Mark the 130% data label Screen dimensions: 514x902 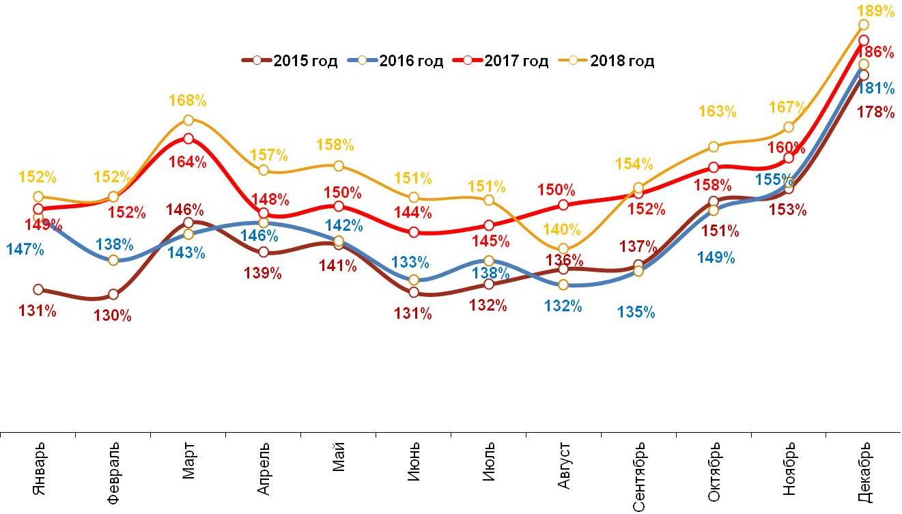pos(112,315)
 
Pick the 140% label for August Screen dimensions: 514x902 pos(561,230)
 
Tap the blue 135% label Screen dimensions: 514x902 pos(636,313)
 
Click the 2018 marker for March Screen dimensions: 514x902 pos(188,121)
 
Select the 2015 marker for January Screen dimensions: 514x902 pos(38,290)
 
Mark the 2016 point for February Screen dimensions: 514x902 pos(113,260)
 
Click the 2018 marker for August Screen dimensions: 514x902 pos(563,249)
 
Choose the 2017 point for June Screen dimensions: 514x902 pos(414,232)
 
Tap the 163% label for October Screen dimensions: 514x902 pos(718,111)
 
